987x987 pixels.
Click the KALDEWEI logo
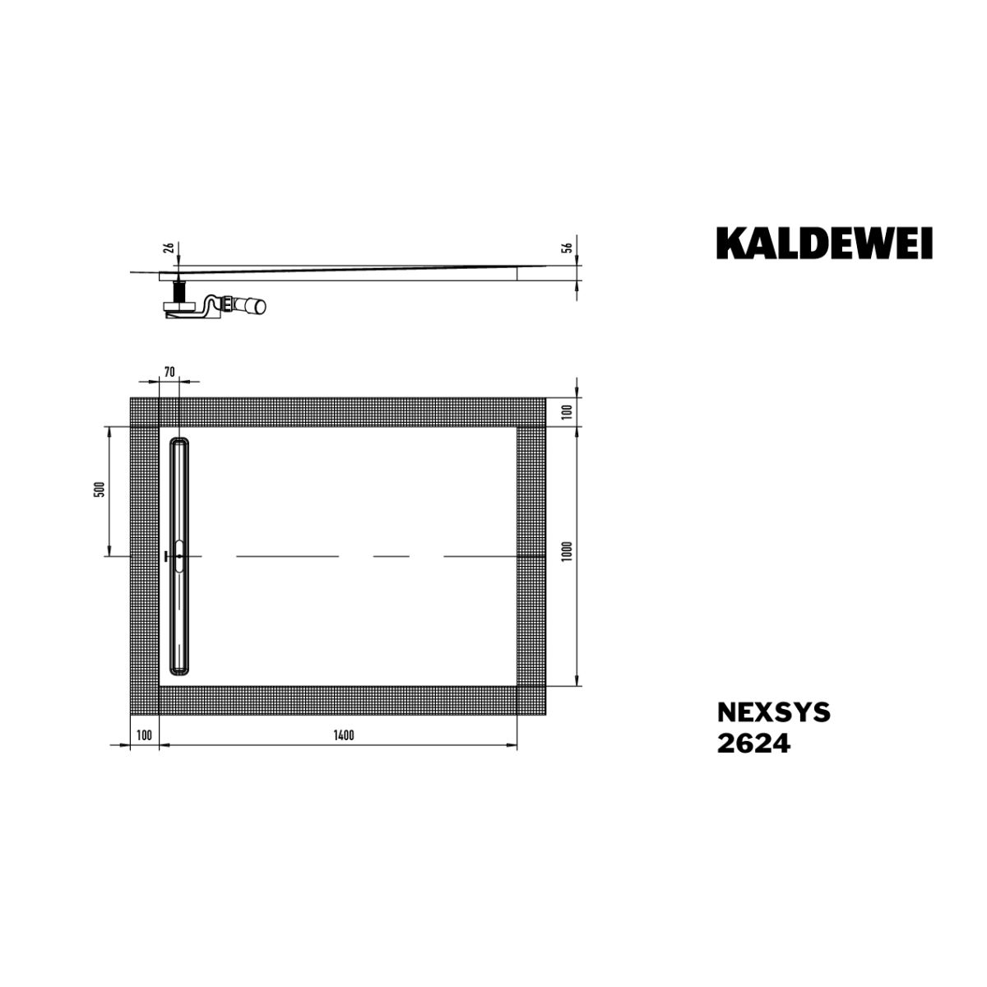[823, 243]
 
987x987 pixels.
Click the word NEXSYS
[773, 712]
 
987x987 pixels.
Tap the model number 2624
[753, 744]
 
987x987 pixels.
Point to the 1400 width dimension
[344, 735]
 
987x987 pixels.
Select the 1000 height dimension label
[566, 551]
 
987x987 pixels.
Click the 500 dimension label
[101, 489]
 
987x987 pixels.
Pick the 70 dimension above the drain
[169, 372]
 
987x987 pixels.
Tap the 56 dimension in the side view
[567, 248]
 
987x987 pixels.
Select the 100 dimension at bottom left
[145, 735]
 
